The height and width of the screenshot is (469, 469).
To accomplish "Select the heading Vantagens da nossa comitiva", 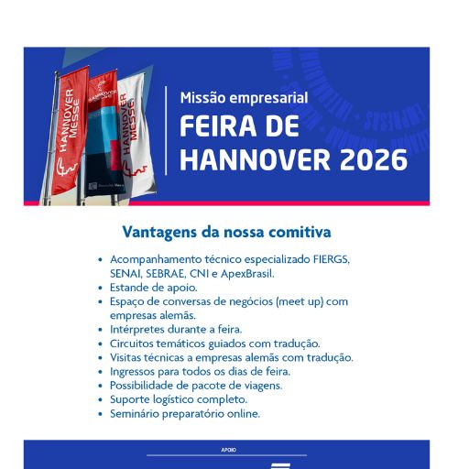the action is click(226, 233).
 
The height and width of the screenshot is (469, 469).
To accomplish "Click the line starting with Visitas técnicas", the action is click(231, 357).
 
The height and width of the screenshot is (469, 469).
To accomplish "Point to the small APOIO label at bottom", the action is click(227, 451).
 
